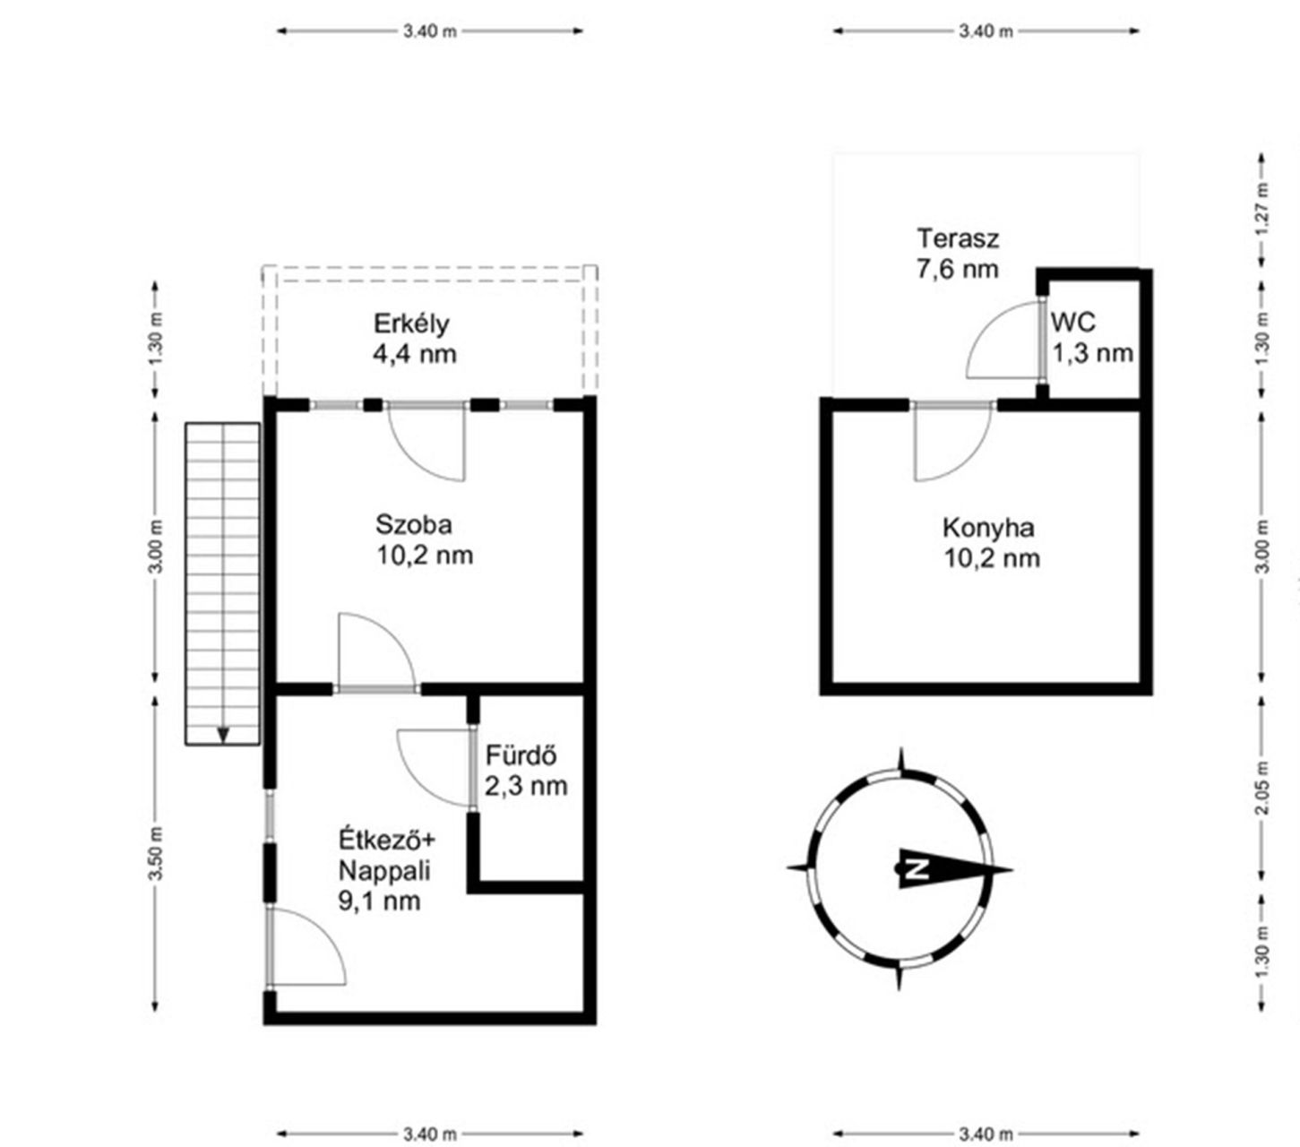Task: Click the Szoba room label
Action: pyautogui.click(x=414, y=525)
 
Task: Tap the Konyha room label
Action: pyautogui.click(x=988, y=529)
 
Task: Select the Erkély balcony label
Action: pyautogui.click(x=411, y=324)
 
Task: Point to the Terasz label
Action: pyautogui.click(x=958, y=238)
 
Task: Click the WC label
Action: pyautogui.click(x=1073, y=323)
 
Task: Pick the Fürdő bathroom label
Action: pyautogui.click(x=521, y=755)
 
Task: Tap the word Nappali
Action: pyautogui.click(x=384, y=871)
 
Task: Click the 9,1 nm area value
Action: pyautogui.click(x=379, y=901)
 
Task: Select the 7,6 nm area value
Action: pyautogui.click(x=958, y=269)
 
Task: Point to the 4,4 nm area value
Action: pyautogui.click(x=415, y=354)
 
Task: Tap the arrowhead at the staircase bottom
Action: pyautogui.click(x=223, y=735)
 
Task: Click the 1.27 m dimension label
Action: pyautogui.click(x=1262, y=210)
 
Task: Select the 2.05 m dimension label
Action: pyautogui.click(x=1262, y=788)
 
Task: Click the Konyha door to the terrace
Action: pyautogui.click(x=953, y=443)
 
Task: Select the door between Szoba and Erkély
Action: pyautogui.click(x=426, y=443)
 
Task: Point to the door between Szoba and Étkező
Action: pyautogui.click(x=377, y=651)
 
